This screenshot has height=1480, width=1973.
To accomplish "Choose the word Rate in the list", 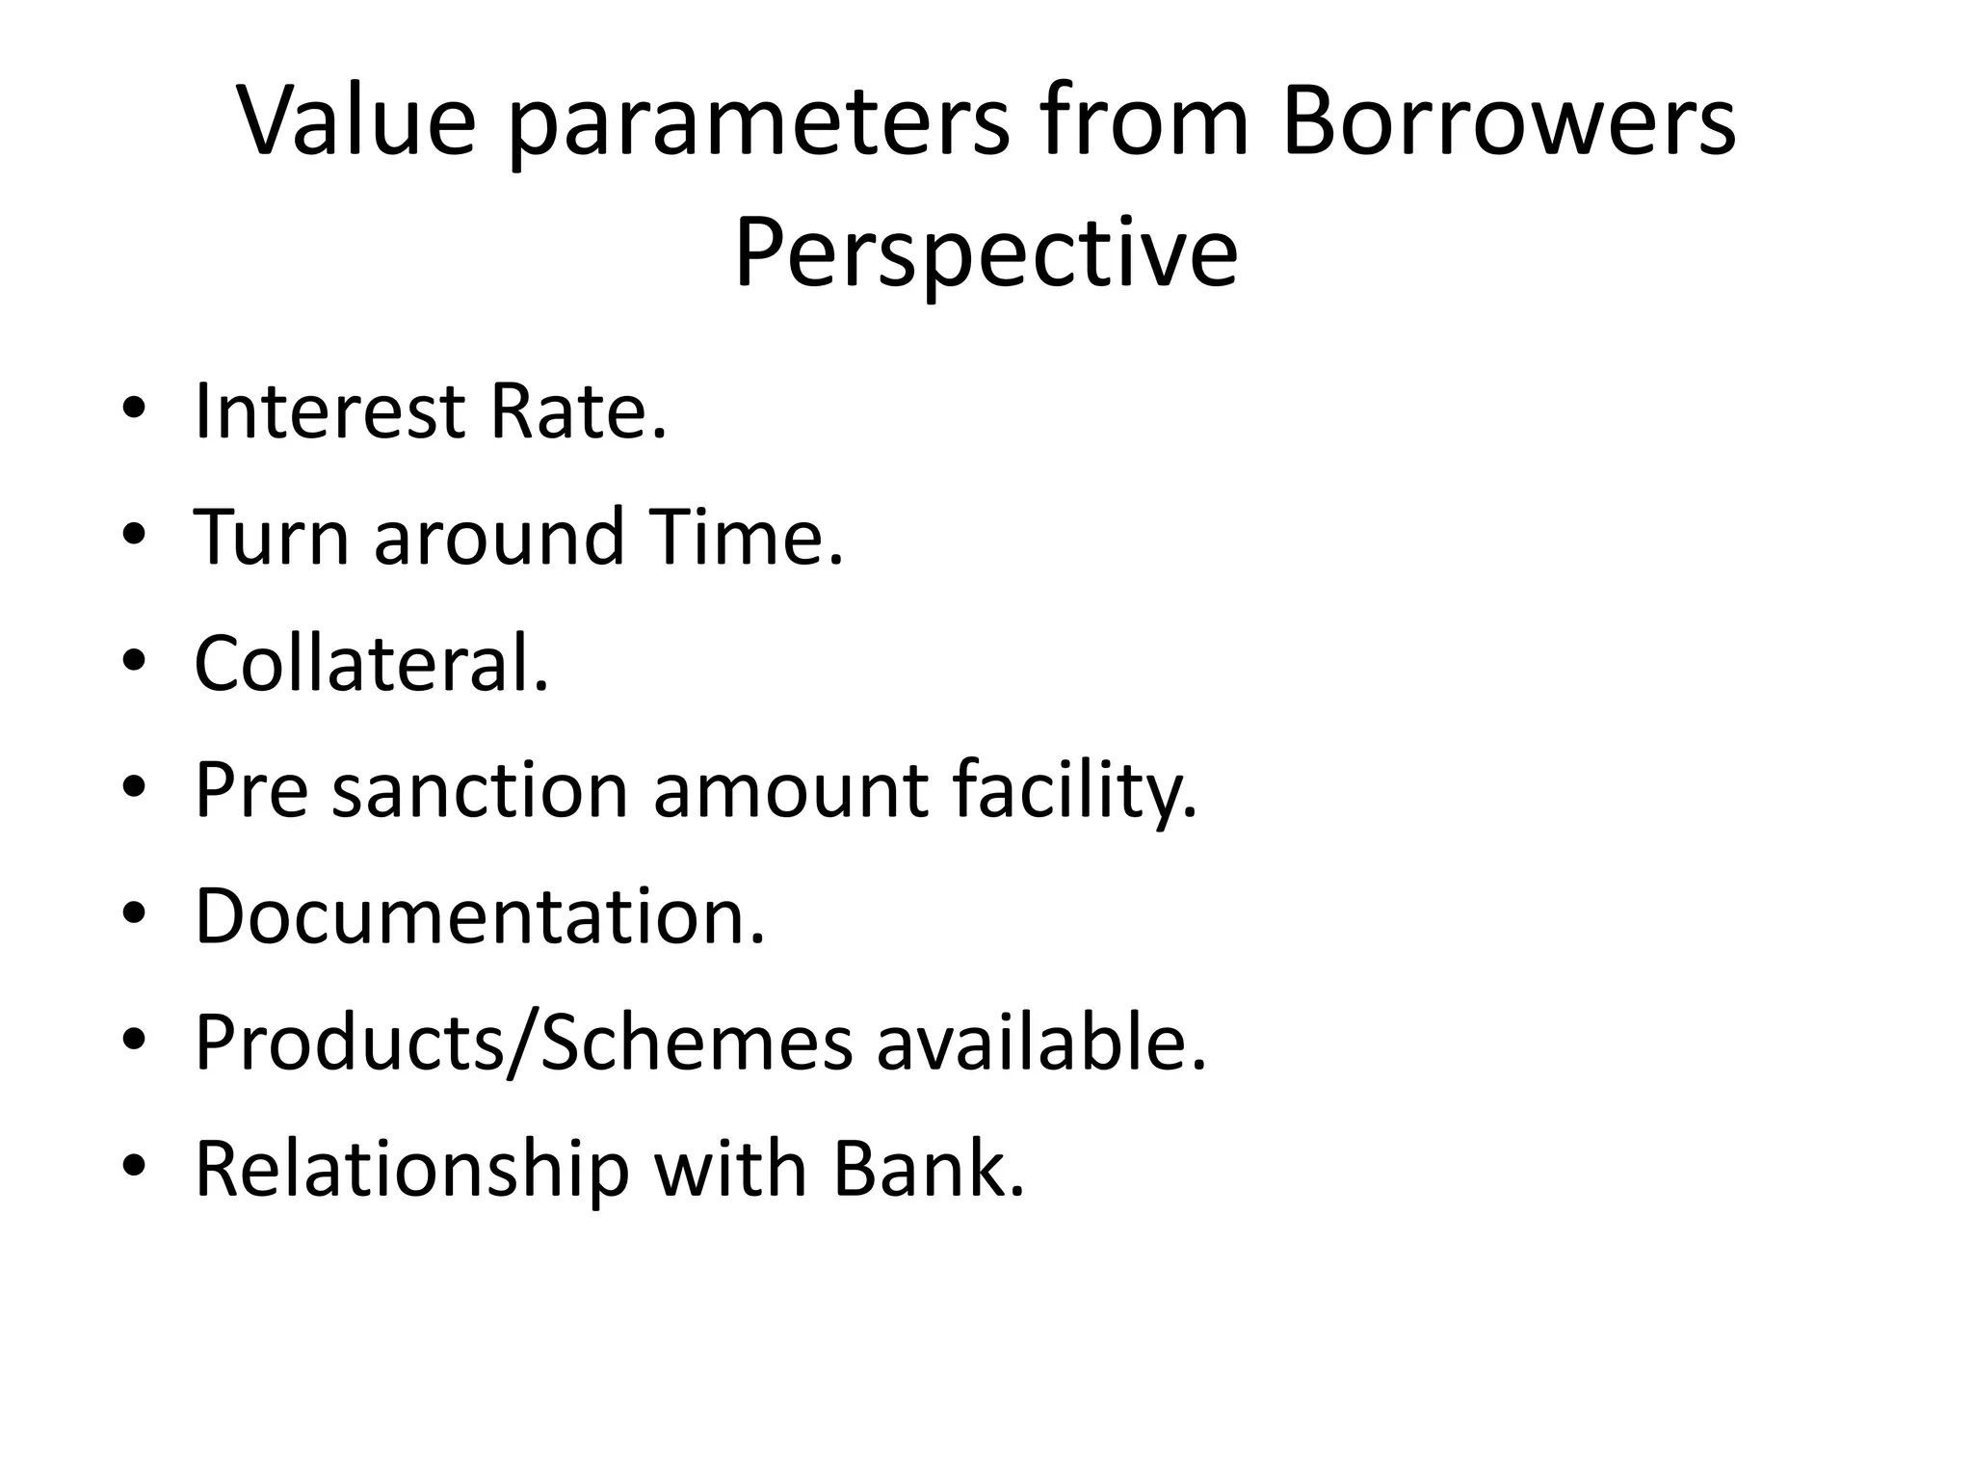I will [576, 411].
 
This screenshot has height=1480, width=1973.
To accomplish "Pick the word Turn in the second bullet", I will [272, 537].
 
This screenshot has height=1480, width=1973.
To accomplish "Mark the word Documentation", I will [479, 916].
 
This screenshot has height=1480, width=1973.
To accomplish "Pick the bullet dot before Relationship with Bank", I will [134, 1167].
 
